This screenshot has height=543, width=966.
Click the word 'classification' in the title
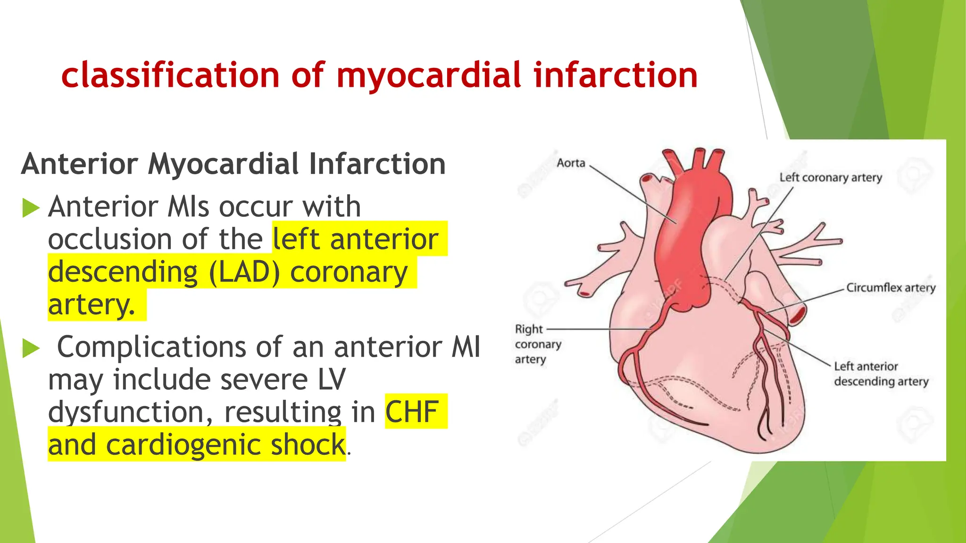click(170, 75)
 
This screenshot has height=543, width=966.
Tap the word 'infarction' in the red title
click(615, 75)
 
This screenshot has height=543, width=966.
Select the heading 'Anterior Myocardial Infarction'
click(233, 164)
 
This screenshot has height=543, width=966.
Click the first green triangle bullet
click(31, 208)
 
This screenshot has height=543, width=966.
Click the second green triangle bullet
click(31, 348)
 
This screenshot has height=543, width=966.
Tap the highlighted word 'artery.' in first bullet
click(92, 305)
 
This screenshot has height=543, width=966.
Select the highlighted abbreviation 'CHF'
click(412, 411)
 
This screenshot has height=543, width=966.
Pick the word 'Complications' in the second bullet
click(151, 347)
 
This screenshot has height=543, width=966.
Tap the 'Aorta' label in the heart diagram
click(571, 163)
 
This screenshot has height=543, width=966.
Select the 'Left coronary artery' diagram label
click(830, 178)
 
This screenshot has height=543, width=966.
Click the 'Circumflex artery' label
click(891, 288)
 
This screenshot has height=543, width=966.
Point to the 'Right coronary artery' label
click(537, 344)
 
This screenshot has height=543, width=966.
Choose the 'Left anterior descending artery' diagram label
click(881, 374)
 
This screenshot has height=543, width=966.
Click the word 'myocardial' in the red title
click(428, 75)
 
